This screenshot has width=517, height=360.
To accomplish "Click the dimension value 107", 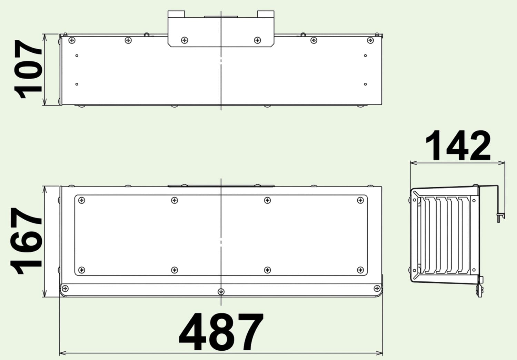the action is coord(28,69).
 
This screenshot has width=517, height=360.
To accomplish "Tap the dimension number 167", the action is coord(26,241).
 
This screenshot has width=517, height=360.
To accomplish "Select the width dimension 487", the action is coord(221,332).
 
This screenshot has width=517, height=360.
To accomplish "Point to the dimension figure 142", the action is coord(458,145).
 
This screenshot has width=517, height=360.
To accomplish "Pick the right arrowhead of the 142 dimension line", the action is coord(501,163).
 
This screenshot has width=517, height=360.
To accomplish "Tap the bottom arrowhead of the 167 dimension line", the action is coord(45,293).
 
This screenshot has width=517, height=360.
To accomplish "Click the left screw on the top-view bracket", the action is coord(185,40).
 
